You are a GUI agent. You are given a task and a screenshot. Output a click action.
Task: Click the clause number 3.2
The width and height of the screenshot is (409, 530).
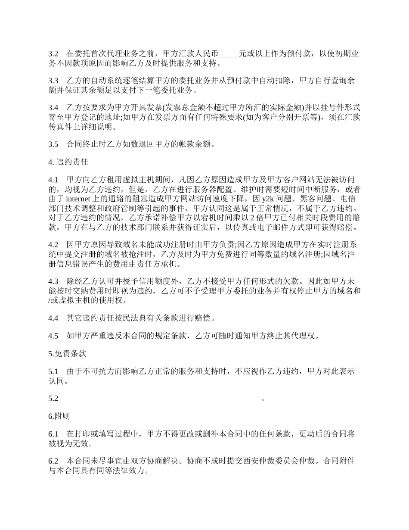pos(53,54)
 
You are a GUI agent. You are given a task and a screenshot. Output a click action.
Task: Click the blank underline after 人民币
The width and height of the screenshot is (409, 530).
pos(229,54)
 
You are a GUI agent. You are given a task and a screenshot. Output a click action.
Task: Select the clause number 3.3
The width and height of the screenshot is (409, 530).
pos(53,81)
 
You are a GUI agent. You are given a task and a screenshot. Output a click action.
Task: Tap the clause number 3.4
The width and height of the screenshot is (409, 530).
pos(53,107)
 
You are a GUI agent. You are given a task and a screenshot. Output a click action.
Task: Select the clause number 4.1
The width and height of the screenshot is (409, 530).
pos(53,179)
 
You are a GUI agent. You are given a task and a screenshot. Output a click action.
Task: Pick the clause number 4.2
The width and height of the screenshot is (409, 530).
pos(53,245)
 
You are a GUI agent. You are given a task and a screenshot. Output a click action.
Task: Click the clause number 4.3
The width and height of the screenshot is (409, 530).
pos(53,281)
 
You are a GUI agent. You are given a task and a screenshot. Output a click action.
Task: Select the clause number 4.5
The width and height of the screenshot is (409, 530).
pos(53,336)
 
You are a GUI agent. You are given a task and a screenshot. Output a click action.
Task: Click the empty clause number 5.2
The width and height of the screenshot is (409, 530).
pos(53,399)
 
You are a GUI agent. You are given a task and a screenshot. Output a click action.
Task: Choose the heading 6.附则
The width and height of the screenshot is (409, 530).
pos(59,416)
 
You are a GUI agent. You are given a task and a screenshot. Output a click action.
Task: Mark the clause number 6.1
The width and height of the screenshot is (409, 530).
pos(53,434)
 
